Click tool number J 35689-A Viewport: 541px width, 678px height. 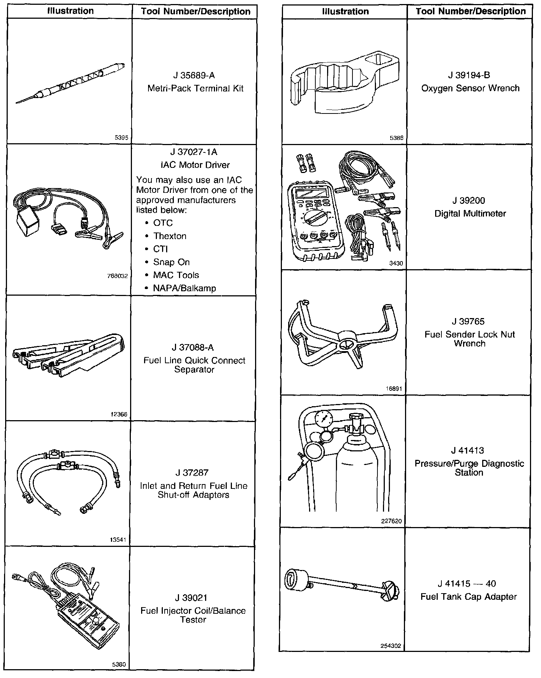click(194, 76)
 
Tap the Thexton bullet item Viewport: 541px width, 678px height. click(169, 236)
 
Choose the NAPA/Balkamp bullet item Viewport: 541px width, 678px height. click(184, 288)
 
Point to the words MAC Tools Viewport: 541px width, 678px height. click(176, 275)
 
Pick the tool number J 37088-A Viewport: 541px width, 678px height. click(193, 347)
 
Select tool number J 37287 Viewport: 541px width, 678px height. click(193, 473)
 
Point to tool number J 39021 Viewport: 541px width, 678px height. click(193, 598)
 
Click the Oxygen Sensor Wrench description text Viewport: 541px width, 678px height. click(470, 89)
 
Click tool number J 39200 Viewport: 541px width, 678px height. click(469, 201)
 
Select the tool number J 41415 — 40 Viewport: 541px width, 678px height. click(467, 584)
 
